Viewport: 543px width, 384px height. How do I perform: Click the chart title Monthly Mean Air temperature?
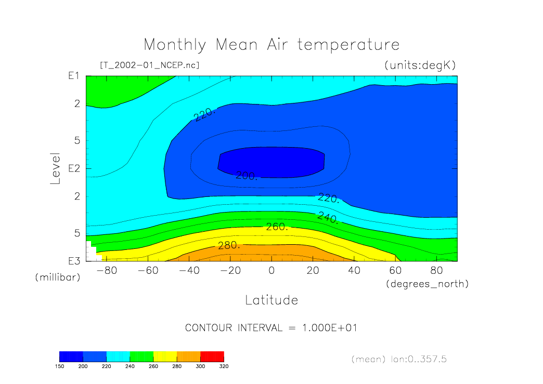pos(271,45)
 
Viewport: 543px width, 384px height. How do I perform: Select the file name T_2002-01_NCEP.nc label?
pos(149,65)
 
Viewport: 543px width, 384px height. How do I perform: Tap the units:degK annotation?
pos(420,65)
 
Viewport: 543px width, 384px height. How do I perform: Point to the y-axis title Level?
pos(56,168)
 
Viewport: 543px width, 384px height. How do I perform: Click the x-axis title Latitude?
pos(271,300)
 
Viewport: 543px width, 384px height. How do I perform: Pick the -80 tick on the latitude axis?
pos(104,271)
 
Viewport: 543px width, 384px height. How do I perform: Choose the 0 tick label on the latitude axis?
pos(271,271)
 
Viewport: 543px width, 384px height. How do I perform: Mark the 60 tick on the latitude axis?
pos(396,271)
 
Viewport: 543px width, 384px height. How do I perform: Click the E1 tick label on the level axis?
pos(73,76)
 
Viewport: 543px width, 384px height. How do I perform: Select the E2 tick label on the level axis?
pos(73,169)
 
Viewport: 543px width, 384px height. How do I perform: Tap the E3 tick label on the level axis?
pos(73,261)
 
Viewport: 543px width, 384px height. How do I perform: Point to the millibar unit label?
pos(57,277)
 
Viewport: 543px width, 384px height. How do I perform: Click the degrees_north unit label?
pos(427,284)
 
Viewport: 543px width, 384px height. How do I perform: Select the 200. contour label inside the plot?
pos(247,176)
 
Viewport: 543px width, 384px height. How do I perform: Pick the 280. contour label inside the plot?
pos(229,245)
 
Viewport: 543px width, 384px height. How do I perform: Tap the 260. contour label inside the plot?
pos(277,227)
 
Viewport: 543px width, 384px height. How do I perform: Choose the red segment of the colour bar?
pos(212,356)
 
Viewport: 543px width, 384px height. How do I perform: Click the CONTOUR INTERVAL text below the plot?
pos(271,328)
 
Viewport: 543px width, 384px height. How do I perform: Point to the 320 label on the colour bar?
pos(224,366)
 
